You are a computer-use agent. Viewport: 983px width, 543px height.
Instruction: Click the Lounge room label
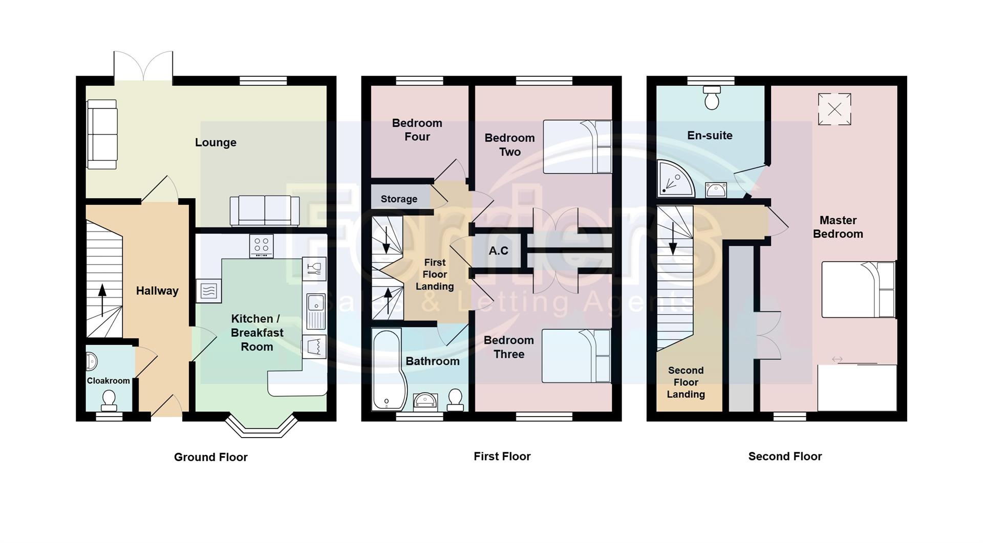click(216, 142)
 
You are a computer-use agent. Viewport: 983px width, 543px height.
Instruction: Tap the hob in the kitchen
click(261, 246)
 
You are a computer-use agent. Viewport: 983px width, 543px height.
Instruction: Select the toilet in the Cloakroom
click(109, 399)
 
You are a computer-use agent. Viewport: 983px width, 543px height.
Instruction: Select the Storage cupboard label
click(399, 199)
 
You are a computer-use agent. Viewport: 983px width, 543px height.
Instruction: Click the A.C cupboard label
click(498, 251)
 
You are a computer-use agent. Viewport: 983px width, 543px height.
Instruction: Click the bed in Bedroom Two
click(577, 147)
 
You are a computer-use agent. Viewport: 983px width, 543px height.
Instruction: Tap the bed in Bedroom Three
click(576, 356)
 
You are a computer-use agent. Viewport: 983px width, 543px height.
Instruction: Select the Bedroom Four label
click(417, 130)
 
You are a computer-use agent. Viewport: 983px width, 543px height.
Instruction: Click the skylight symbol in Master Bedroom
click(834, 109)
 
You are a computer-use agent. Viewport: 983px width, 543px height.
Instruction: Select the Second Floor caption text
click(784, 457)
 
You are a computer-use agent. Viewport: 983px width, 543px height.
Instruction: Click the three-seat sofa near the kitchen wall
click(265, 210)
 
